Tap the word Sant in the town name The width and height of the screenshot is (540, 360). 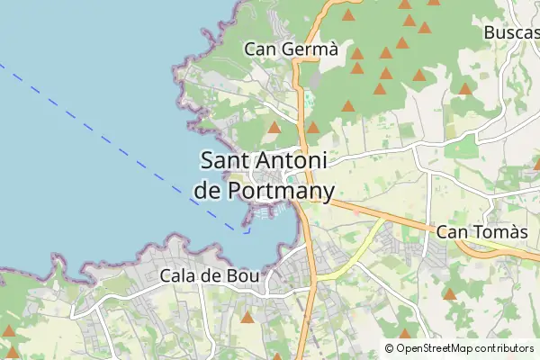point(228,161)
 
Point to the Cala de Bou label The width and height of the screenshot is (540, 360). point(209,275)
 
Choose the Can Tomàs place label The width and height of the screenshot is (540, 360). point(481,232)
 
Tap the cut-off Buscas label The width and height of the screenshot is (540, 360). point(511,32)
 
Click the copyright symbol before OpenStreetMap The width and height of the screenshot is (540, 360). point(389,348)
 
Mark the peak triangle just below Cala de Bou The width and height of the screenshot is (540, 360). point(246,317)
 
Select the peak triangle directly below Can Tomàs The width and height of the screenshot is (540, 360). point(449,293)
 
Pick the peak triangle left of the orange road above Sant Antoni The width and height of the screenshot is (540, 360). point(274,128)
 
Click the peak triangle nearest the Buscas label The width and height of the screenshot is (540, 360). point(464,88)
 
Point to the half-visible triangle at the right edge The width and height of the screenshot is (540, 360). point(536,164)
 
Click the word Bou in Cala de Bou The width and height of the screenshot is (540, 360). point(245,275)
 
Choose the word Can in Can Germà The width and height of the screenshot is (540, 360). point(261,49)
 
